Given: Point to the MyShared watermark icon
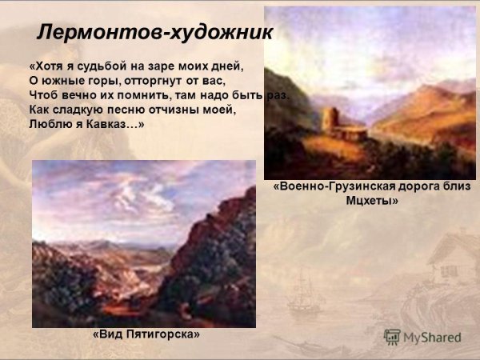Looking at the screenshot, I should click(391, 337).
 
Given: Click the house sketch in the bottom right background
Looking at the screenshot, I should click(448, 256).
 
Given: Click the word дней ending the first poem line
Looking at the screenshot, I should click(225, 66).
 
